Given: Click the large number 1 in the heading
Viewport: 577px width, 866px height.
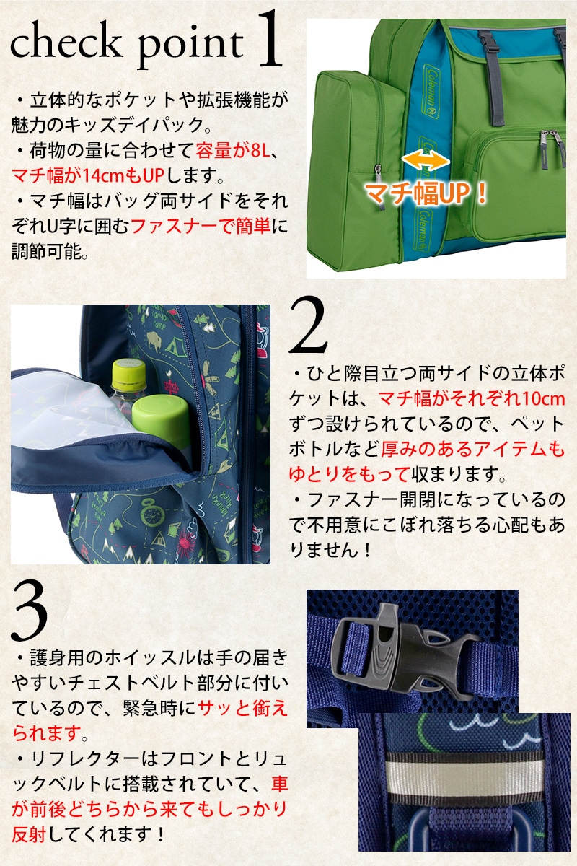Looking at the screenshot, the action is pos(268,39).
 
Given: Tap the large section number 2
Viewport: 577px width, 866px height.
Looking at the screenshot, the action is pos(308,325).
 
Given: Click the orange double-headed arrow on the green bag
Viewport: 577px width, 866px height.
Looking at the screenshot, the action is pos(426,160).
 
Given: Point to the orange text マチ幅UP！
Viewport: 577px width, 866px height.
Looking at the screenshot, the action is pos(425,193).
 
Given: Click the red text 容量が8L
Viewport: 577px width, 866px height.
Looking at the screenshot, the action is pos(232,150).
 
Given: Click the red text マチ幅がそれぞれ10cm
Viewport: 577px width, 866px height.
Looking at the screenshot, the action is pos(472,398).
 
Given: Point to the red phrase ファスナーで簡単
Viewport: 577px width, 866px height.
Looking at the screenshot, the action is pos(201,227).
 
